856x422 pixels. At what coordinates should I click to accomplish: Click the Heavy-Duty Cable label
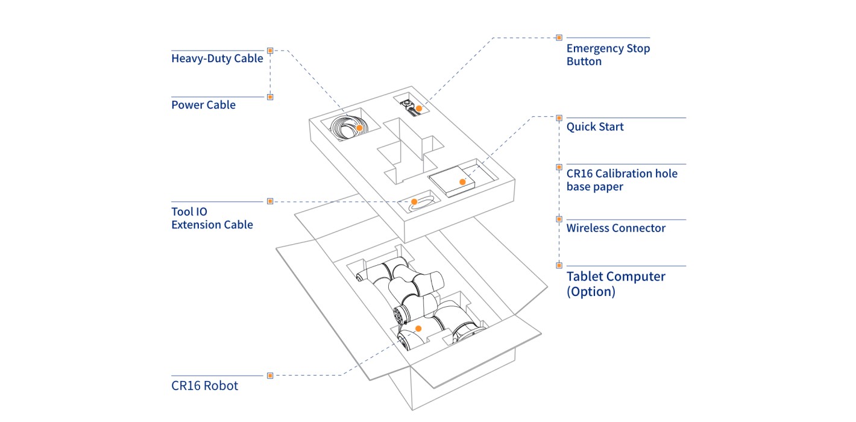pyautogui.click(x=217, y=58)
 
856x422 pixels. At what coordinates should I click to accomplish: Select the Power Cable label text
pyautogui.click(x=203, y=105)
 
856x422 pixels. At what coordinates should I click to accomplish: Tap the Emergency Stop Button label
pyautogui.click(x=608, y=55)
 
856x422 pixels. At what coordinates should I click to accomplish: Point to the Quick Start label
pyautogui.click(x=594, y=127)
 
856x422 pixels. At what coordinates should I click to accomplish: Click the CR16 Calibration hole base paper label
pyautogui.click(x=622, y=180)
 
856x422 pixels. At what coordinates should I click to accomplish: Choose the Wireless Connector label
pyautogui.click(x=615, y=228)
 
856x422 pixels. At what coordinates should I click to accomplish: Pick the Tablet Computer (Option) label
pyautogui.click(x=615, y=283)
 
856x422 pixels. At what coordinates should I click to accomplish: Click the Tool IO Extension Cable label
pyautogui.click(x=212, y=218)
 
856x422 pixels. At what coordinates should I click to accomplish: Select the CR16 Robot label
pyautogui.click(x=204, y=386)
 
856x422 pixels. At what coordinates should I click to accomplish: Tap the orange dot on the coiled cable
pyautogui.click(x=359, y=128)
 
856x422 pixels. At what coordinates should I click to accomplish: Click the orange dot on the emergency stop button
pyautogui.click(x=419, y=109)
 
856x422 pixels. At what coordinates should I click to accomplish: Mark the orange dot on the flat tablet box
pyautogui.click(x=462, y=181)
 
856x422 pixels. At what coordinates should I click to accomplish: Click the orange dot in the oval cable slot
pyautogui.click(x=415, y=201)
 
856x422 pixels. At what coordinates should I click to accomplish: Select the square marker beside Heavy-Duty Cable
pyautogui.click(x=270, y=51)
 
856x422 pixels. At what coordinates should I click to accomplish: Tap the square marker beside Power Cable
pyautogui.click(x=270, y=96)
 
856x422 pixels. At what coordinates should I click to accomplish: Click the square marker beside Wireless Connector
pyautogui.click(x=559, y=219)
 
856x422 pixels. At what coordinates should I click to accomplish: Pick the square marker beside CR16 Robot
pyautogui.click(x=270, y=376)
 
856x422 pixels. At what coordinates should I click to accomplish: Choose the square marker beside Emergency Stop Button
pyautogui.click(x=559, y=37)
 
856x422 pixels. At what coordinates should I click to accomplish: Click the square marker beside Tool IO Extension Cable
pyautogui.click(x=270, y=201)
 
